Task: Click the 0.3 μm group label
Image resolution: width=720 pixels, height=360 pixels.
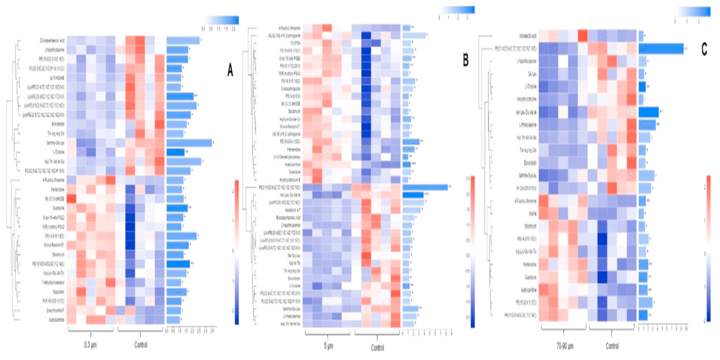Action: coord(91,345)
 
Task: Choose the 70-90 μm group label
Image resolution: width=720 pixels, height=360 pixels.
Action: coord(562,345)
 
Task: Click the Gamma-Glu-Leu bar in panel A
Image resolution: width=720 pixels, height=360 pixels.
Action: coord(189,143)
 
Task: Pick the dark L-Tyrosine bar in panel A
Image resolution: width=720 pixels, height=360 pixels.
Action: coord(175,152)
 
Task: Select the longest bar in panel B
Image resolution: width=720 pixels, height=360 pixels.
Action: coord(425,187)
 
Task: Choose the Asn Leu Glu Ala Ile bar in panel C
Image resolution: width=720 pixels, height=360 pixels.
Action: coord(649,112)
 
